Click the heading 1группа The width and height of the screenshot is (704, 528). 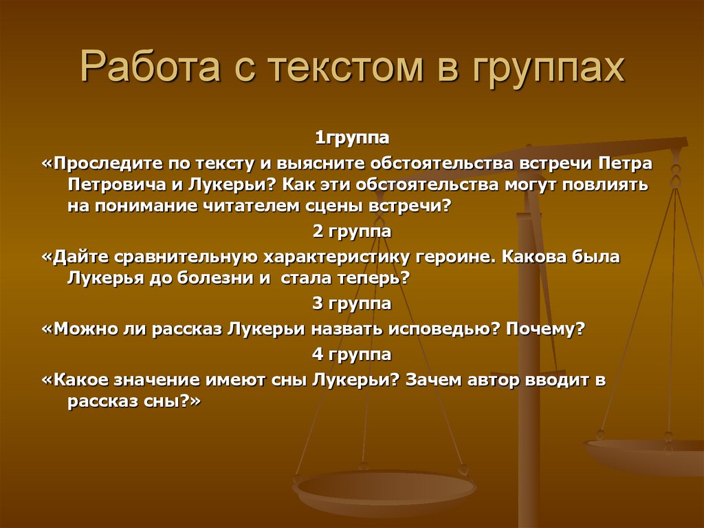pos(352,138)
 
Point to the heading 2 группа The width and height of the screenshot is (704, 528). pos(352,232)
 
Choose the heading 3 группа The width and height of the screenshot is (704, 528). pos(352,304)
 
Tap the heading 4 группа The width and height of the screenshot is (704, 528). pos(352,355)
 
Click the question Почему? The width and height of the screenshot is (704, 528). pos(545,329)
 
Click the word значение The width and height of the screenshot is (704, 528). pos(161,380)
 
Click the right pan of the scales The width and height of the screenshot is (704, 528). pos(646,454)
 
